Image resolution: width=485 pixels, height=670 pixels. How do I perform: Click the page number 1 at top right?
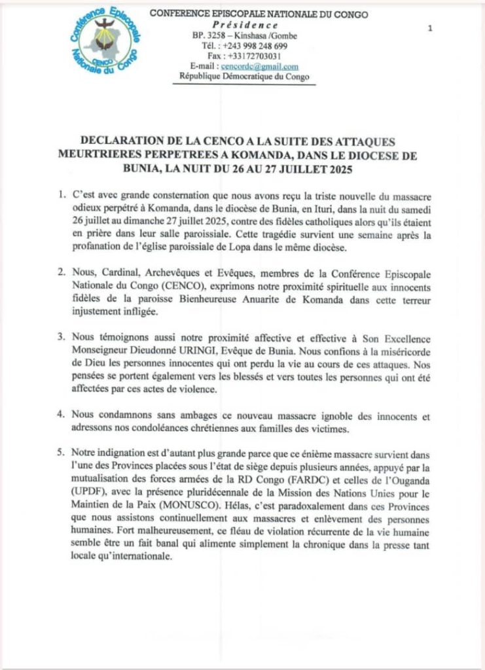(429, 28)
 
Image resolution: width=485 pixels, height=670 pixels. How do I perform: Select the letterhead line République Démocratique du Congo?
(245, 77)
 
